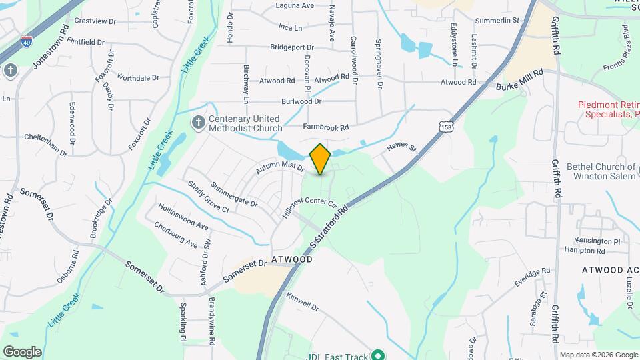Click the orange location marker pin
coord(321,159)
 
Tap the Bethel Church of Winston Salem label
coord(601,171)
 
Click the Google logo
coord(22,352)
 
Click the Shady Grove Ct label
coord(207,197)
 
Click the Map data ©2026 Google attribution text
coord(598,355)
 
